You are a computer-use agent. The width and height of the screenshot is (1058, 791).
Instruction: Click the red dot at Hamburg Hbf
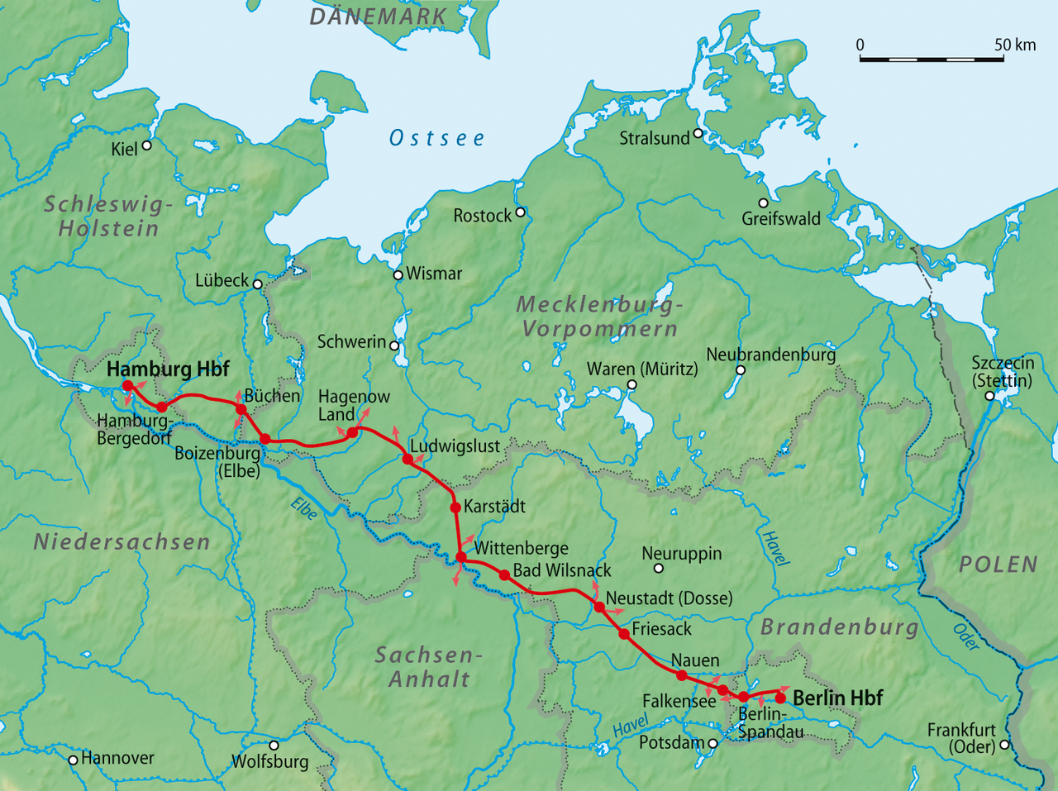tap(128, 386)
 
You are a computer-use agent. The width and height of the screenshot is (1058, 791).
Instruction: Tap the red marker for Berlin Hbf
tap(779, 698)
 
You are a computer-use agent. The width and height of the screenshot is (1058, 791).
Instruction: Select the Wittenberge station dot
tap(461, 558)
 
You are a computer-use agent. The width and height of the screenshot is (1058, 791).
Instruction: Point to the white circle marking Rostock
tap(521, 212)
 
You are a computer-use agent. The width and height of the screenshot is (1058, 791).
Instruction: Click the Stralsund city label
tap(654, 138)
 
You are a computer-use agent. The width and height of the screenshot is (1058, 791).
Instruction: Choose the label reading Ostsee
tap(437, 138)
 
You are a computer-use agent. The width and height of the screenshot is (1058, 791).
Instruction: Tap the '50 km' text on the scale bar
tap(1014, 45)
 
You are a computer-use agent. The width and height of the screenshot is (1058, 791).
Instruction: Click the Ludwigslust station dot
tap(407, 459)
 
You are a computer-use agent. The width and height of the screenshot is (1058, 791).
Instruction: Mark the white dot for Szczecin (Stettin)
tap(990, 396)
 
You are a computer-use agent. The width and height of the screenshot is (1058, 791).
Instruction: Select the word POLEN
tap(998, 565)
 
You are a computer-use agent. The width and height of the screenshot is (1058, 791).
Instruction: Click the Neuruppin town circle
tap(659, 568)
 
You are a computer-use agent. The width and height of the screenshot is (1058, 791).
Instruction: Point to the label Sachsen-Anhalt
tap(428, 667)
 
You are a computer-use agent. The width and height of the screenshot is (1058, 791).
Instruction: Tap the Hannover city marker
tap(73, 760)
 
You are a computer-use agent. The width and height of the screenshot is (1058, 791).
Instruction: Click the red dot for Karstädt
tap(455, 507)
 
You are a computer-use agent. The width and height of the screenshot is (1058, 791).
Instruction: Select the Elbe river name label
tap(303, 509)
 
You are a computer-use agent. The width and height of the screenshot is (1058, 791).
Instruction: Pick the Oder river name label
tap(965, 636)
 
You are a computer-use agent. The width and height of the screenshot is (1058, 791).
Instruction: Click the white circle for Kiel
tap(147, 145)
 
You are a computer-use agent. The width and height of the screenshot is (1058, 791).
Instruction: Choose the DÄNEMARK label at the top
tap(378, 16)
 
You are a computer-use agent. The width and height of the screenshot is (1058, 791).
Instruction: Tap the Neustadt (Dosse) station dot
tap(599, 607)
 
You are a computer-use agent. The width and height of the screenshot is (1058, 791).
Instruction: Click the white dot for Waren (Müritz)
tap(632, 385)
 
